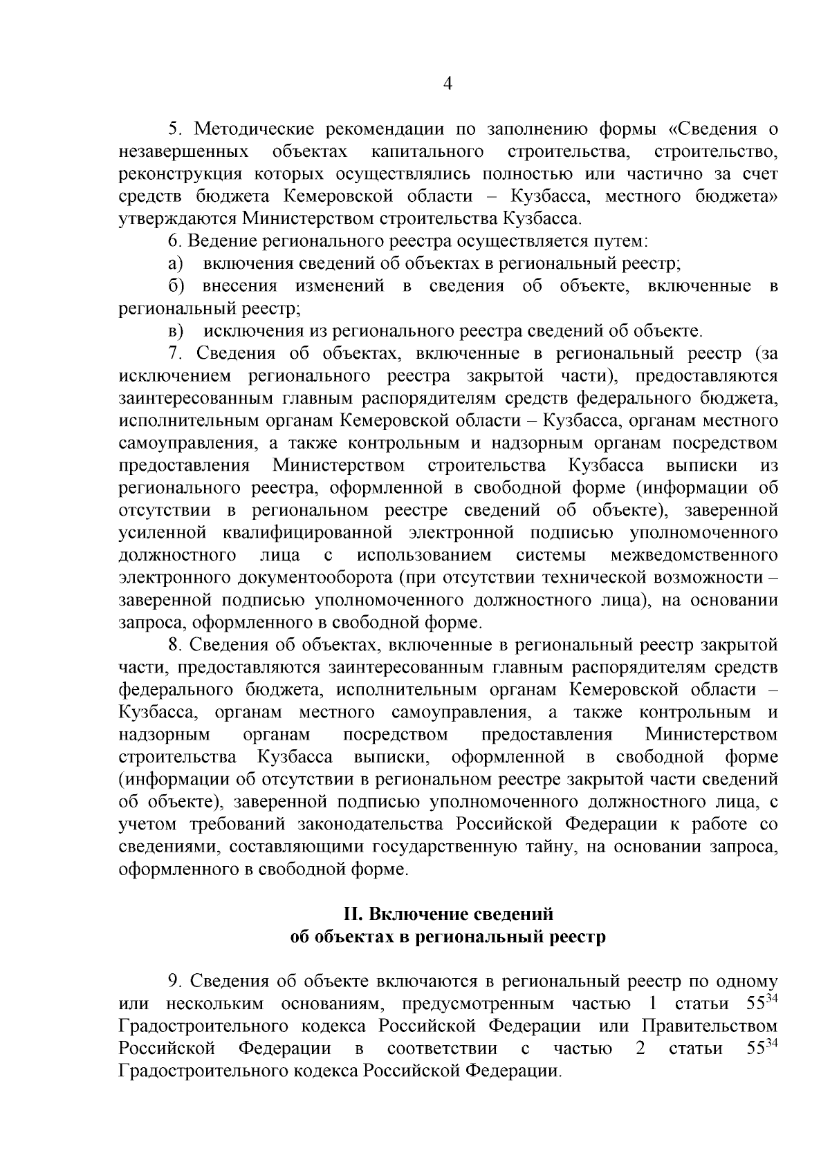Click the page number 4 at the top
(447, 84)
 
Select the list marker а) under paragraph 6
(175, 263)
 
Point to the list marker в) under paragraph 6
(175, 331)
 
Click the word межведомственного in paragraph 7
(694, 555)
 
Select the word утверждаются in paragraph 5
(178, 219)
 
